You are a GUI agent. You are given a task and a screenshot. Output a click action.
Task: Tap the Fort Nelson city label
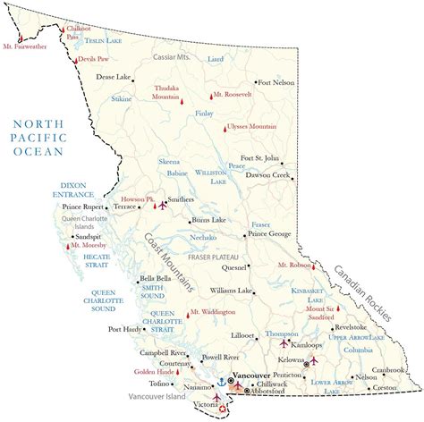click(x=274, y=82)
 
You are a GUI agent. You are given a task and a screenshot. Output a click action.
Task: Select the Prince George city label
click(x=269, y=233)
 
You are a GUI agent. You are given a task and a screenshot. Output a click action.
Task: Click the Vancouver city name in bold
click(x=252, y=376)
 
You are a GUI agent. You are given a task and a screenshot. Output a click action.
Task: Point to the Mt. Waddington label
click(x=212, y=312)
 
